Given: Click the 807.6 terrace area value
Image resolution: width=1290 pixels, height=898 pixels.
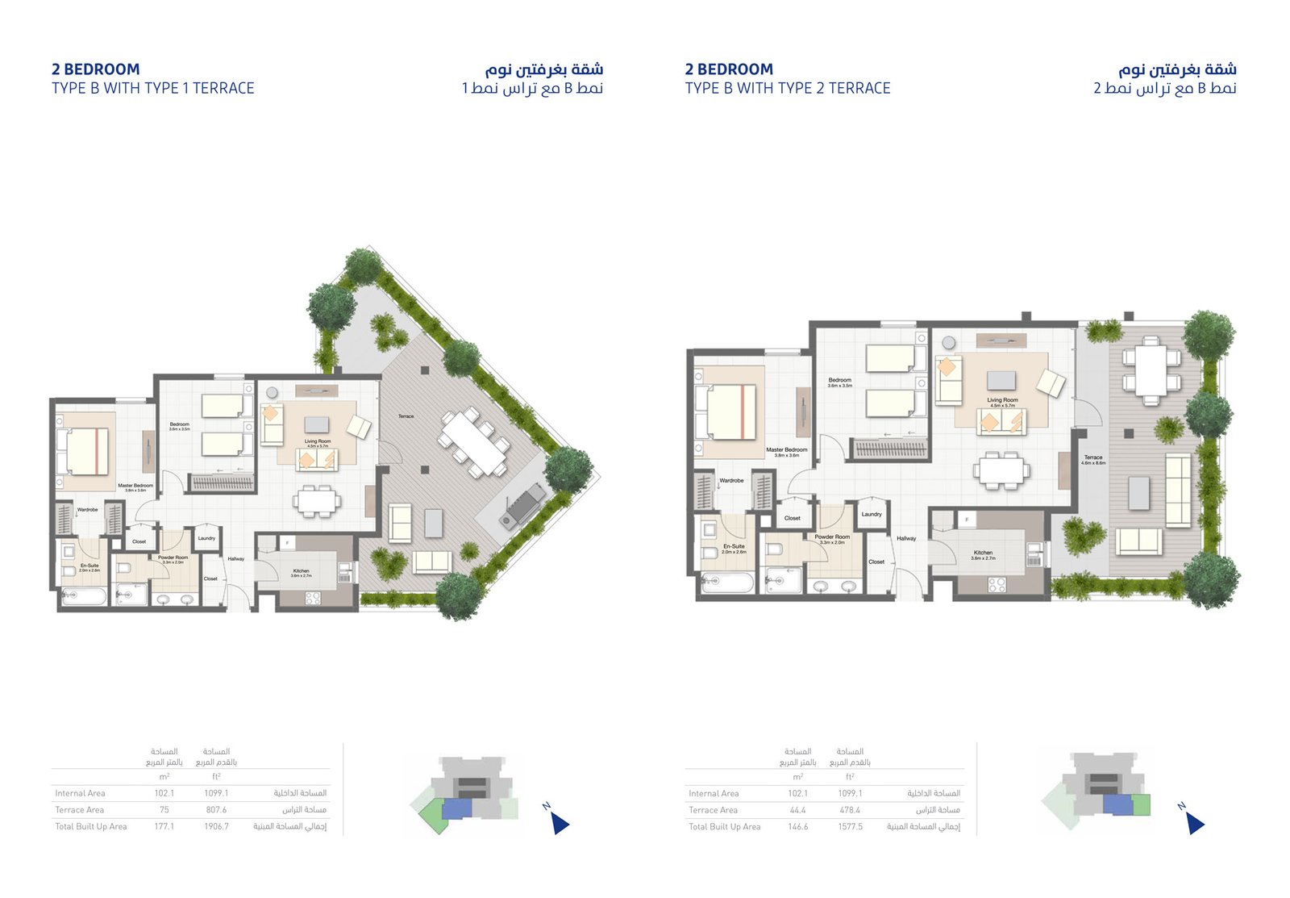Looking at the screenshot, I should click(216, 810).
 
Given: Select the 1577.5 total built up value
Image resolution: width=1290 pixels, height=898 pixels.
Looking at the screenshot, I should click(850, 827).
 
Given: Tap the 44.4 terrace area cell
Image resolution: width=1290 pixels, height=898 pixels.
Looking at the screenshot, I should click(797, 810).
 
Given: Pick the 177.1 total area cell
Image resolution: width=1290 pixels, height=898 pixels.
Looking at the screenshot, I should click(164, 827).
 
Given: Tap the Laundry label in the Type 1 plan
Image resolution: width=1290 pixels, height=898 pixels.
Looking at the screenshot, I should click(206, 538).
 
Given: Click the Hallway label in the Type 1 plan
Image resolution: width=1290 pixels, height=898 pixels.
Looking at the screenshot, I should click(235, 558).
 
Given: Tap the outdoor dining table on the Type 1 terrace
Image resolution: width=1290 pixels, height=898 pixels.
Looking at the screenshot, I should click(473, 443).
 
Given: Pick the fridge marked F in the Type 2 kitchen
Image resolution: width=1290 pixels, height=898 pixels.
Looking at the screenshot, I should click(965, 520).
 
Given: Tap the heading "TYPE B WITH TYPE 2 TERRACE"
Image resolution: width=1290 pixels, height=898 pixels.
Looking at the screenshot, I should click(788, 89).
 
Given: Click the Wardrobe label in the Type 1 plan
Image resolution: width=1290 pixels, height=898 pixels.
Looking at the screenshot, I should click(87, 510).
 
